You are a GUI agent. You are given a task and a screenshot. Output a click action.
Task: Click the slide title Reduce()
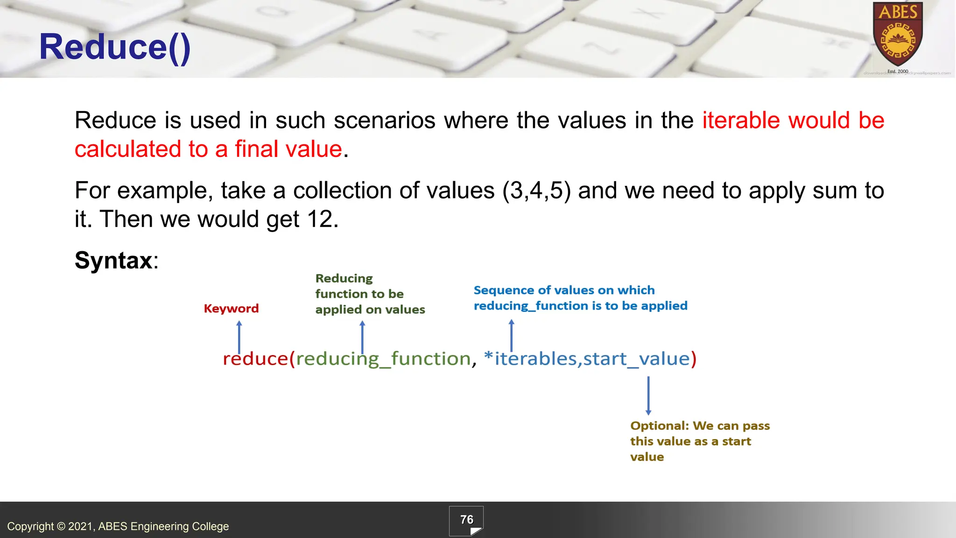(x=115, y=47)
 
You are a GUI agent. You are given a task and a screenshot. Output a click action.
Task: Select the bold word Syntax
(x=113, y=260)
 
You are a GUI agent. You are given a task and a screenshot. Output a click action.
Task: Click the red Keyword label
(x=231, y=308)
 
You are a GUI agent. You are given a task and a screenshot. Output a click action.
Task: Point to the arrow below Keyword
(x=239, y=336)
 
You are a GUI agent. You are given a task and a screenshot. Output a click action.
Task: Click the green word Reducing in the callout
(x=344, y=278)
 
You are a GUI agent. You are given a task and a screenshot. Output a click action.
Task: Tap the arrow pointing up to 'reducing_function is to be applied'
(x=511, y=335)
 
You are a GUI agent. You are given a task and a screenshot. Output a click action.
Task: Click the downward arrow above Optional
(x=648, y=396)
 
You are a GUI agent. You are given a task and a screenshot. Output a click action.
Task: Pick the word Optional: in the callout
(x=659, y=426)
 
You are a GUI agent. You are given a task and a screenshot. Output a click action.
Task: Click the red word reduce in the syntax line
(x=255, y=359)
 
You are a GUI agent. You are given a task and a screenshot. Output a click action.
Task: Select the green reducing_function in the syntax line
(x=383, y=359)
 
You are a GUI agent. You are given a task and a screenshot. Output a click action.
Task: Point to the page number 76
(x=466, y=520)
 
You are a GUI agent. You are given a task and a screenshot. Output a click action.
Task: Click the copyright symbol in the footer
(x=61, y=526)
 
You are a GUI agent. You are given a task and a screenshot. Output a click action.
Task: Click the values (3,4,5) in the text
(x=536, y=191)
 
